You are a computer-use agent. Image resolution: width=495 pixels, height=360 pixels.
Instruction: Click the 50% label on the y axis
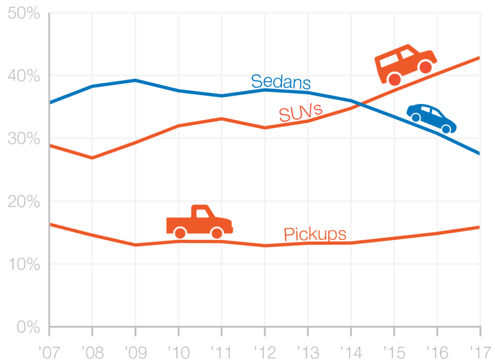pos(23,14)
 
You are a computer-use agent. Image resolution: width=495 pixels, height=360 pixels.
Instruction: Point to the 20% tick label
pos(23,202)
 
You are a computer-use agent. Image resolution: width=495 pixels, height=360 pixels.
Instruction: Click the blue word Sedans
pos(280,82)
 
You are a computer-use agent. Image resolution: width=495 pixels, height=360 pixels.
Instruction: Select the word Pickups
pos(315,234)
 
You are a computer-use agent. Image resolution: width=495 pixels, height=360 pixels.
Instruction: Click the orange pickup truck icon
pos(199,222)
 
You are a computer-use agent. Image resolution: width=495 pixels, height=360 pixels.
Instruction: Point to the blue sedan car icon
pos(431,118)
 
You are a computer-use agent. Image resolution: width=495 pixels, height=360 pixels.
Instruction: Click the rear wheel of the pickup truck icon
pos(180,233)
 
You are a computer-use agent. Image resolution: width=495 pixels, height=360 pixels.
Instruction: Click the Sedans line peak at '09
pos(135,80)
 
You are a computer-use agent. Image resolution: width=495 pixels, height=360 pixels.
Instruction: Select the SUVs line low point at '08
pos(92,158)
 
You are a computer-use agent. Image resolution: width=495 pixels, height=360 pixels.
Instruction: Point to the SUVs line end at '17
pos(479,58)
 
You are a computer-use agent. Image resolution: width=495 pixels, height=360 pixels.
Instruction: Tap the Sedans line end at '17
pos(479,154)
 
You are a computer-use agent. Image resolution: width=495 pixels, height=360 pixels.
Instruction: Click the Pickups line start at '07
pos(50,224)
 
